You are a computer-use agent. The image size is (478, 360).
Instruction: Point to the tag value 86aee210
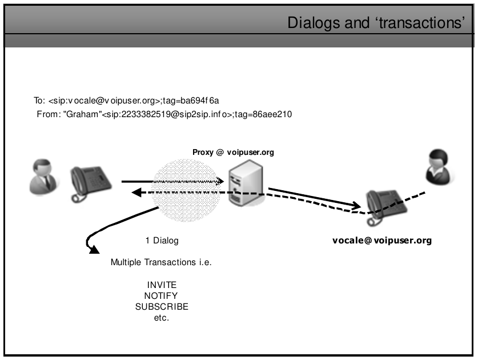tap(273, 114)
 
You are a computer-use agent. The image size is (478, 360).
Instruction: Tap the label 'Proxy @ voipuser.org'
tap(234, 153)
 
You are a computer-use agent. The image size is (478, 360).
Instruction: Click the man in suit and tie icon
tap(43, 177)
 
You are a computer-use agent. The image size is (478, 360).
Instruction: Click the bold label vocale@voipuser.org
tap(382, 241)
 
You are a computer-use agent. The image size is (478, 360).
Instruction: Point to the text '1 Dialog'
tap(162, 241)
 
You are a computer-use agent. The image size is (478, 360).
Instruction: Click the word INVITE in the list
tap(162, 285)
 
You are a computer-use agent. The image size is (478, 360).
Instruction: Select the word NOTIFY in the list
tap(162, 295)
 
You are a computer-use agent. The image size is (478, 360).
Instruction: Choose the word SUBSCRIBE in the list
tap(162, 307)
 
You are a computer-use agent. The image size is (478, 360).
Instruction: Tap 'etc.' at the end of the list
tap(162, 318)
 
